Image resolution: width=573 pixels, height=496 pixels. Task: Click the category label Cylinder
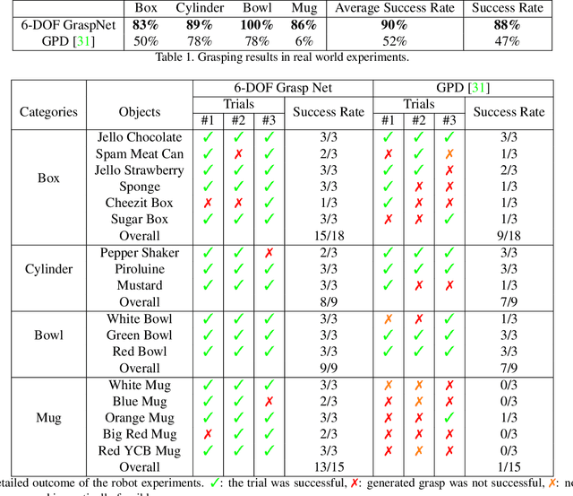49,269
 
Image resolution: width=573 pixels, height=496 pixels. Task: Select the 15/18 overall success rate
328,236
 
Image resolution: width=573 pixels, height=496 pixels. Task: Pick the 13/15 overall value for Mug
328,466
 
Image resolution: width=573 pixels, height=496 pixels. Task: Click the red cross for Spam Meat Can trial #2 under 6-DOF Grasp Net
238,154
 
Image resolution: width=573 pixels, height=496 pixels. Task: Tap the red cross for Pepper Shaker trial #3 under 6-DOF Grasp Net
269,253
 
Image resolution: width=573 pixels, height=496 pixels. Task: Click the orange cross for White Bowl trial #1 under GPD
388,319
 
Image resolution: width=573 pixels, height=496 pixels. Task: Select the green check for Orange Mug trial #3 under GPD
449,418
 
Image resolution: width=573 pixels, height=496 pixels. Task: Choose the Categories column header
49,112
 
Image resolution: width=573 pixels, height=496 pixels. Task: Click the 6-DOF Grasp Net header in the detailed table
282,88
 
